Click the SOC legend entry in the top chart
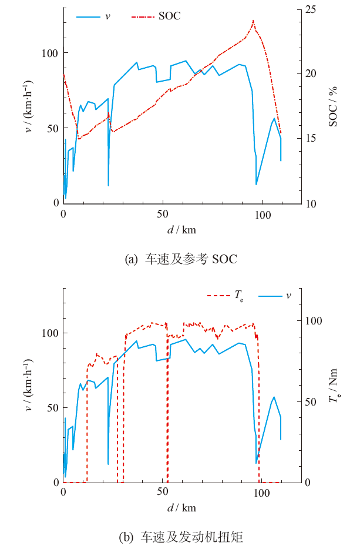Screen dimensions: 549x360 (x=169, y=16)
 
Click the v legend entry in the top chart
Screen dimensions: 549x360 (x=107, y=16)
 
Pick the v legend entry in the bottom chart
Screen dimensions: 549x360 (x=288, y=295)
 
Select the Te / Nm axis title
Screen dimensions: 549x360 (x=334, y=389)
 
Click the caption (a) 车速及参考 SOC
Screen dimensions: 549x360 (x=181, y=259)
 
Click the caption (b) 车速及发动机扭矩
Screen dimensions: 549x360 (x=181, y=536)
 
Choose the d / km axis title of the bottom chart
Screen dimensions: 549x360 (x=182, y=507)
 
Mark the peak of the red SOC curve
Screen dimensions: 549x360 (x=253, y=21)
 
